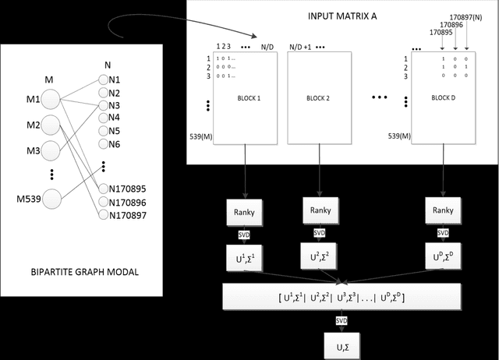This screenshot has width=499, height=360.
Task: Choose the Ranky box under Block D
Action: click(x=442, y=210)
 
